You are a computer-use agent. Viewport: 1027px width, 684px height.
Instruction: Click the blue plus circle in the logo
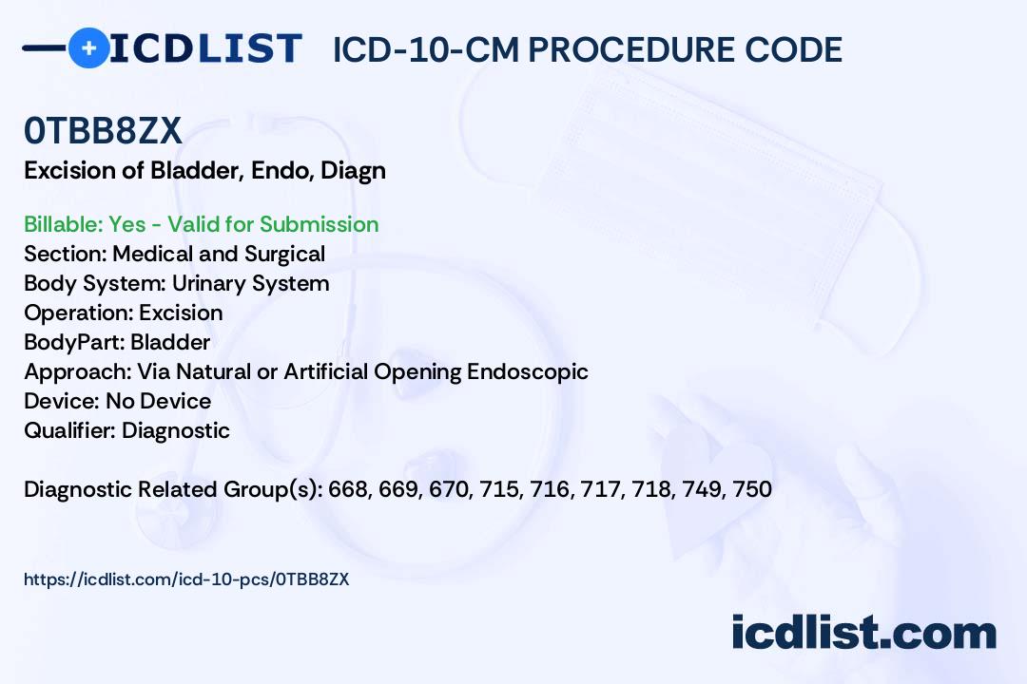coord(88,47)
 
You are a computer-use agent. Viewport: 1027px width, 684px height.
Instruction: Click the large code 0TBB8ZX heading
coord(103,131)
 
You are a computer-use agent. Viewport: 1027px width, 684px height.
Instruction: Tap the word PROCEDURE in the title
coord(630,49)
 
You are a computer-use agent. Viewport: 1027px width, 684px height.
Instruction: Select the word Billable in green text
coord(63,224)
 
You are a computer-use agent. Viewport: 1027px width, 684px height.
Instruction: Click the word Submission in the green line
coord(319,224)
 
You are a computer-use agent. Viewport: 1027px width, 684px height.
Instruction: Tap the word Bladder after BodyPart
coord(170,342)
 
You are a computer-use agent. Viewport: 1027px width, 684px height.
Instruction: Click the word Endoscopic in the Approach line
coord(527,371)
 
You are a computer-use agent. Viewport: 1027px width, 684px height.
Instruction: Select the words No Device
coord(159,401)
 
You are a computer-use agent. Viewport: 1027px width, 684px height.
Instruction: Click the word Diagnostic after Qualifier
coord(176,430)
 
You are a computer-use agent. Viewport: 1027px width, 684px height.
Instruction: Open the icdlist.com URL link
coord(186,579)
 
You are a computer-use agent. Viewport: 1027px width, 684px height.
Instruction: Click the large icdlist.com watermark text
coord(863,633)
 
